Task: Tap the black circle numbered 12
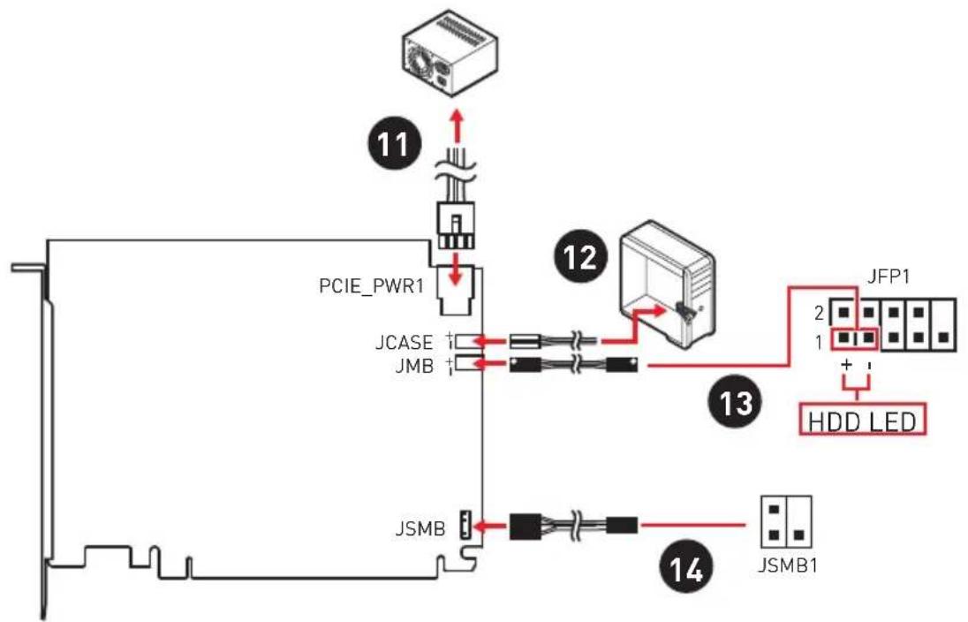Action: pyautogui.click(x=581, y=256)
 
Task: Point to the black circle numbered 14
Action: pyautogui.click(x=686, y=568)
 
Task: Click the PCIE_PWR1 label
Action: pyautogui.click(x=371, y=286)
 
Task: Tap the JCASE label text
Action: pyautogui.click(x=405, y=342)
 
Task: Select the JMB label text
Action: pyautogui.click(x=414, y=366)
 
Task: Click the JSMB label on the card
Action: pyautogui.click(x=420, y=529)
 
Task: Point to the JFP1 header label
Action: pyautogui.click(x=889, y=276)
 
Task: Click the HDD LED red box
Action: pyautogui.click(x=862, y=420)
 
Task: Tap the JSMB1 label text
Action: pyautogui.click(x=787, y=565)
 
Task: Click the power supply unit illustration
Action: pyautogui.click(x=450, y=52)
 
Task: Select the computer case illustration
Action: pyautogui.click(x=667, y=282)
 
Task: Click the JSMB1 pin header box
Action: pyautogui.click(x=786, y=521)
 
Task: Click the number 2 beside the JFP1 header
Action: pyautogui.click(x=820, y=314)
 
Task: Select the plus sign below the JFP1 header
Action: pyautogui.click(x=846, y=365)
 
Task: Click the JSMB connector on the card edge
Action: pyautogui.click(x=465, y=526)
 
